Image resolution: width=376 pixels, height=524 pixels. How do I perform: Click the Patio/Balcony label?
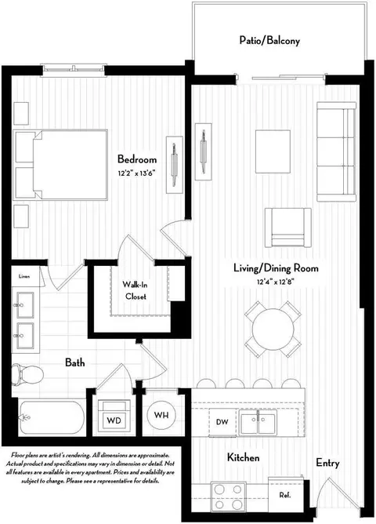click(269, 41)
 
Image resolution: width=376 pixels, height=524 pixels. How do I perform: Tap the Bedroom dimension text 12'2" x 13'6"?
click(137, 173)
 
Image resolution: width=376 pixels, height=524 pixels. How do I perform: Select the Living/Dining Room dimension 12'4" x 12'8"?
click(275, 282)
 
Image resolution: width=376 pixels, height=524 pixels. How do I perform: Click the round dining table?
click(273, 329)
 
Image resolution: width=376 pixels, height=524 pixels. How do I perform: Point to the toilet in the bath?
click(27, 374)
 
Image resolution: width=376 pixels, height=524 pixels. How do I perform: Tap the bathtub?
click(52, 417)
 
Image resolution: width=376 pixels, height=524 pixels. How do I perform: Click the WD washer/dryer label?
click(114, 420)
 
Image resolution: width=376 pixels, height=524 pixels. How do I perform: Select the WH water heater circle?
click(161, 415)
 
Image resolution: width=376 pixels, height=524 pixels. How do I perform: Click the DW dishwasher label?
click(222, 422)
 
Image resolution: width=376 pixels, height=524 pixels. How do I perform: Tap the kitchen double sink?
click(258, 422)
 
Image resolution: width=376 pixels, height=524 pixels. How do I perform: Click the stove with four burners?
click(228, 497)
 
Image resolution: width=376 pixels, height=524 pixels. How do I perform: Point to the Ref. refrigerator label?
click(284, 495)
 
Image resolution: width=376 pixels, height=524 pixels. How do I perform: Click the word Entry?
click(327, 463)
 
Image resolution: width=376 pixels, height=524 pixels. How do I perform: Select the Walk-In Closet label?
click(135, 290)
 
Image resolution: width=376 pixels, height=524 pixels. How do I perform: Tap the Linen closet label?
click(24, 276)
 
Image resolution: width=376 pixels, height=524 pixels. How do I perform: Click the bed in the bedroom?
click(60, 165)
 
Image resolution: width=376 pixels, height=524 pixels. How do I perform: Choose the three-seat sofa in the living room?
click(336, 151)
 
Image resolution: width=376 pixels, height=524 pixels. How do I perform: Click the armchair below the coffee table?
click(288, 227)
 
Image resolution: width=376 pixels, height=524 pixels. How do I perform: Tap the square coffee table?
click(273, 151)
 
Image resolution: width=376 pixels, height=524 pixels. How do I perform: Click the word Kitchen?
click(243, 457)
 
